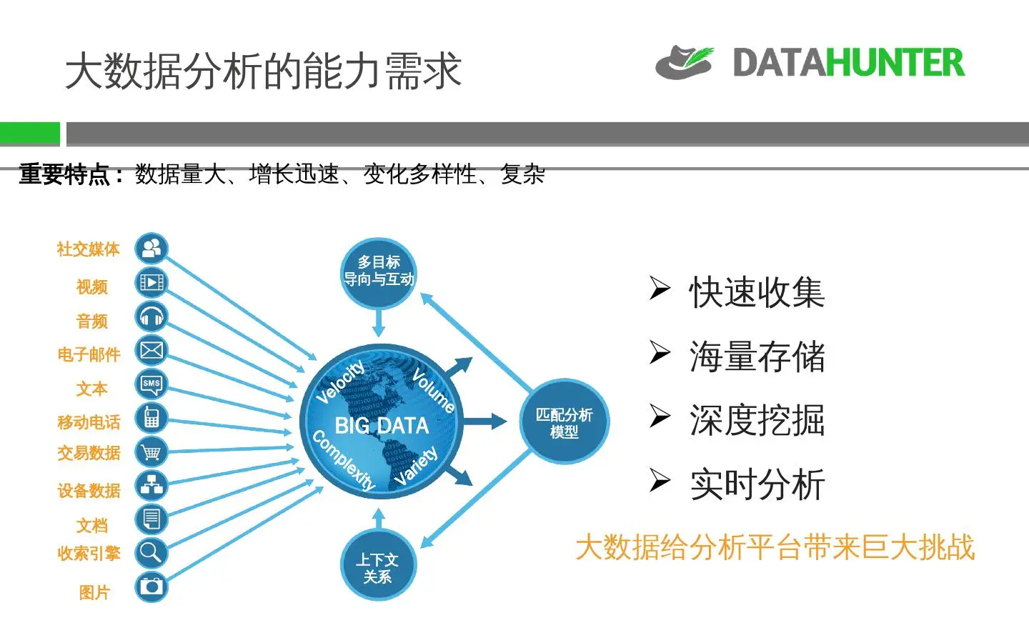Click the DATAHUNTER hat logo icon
tap(684, 63)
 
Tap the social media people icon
tap(151, 249)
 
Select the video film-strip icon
tap(151, 283)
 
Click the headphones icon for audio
tap(151, 316)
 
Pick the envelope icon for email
tap(151, 350)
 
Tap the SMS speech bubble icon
tap(151, 384)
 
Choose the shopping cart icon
tap(151, 452)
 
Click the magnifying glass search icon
tap(151, 552)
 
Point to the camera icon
tap(151, 587)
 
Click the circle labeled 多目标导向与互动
tap(379, 272)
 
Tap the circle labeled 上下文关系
tap(378, 567)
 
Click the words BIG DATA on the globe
tap(382, 426)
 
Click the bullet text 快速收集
tap(757, 292)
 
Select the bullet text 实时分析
tap(757, 485)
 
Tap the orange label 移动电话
tap(89, 422)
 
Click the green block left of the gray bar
tap(30, 134)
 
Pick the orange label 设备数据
tap(89, 491)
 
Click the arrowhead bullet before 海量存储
tap(660, 353)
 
